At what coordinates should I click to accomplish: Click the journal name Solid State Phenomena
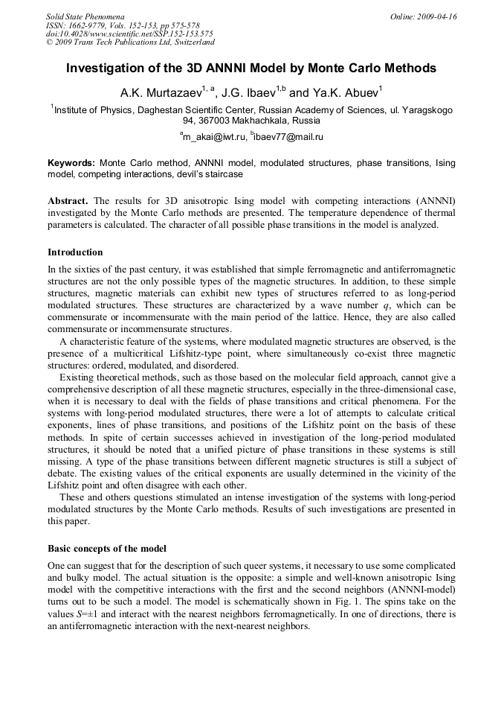click(x=85, y=16)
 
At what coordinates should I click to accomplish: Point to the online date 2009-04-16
click(x=436, y=16)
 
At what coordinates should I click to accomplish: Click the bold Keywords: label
click(x=71, y=163)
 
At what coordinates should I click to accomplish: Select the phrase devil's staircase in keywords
click(x=207, y=174)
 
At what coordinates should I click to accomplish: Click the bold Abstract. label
click(x=68, y=201)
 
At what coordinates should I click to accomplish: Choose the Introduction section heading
click(x=75, y=252)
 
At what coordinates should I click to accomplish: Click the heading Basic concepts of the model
click(x=107, y=549)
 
